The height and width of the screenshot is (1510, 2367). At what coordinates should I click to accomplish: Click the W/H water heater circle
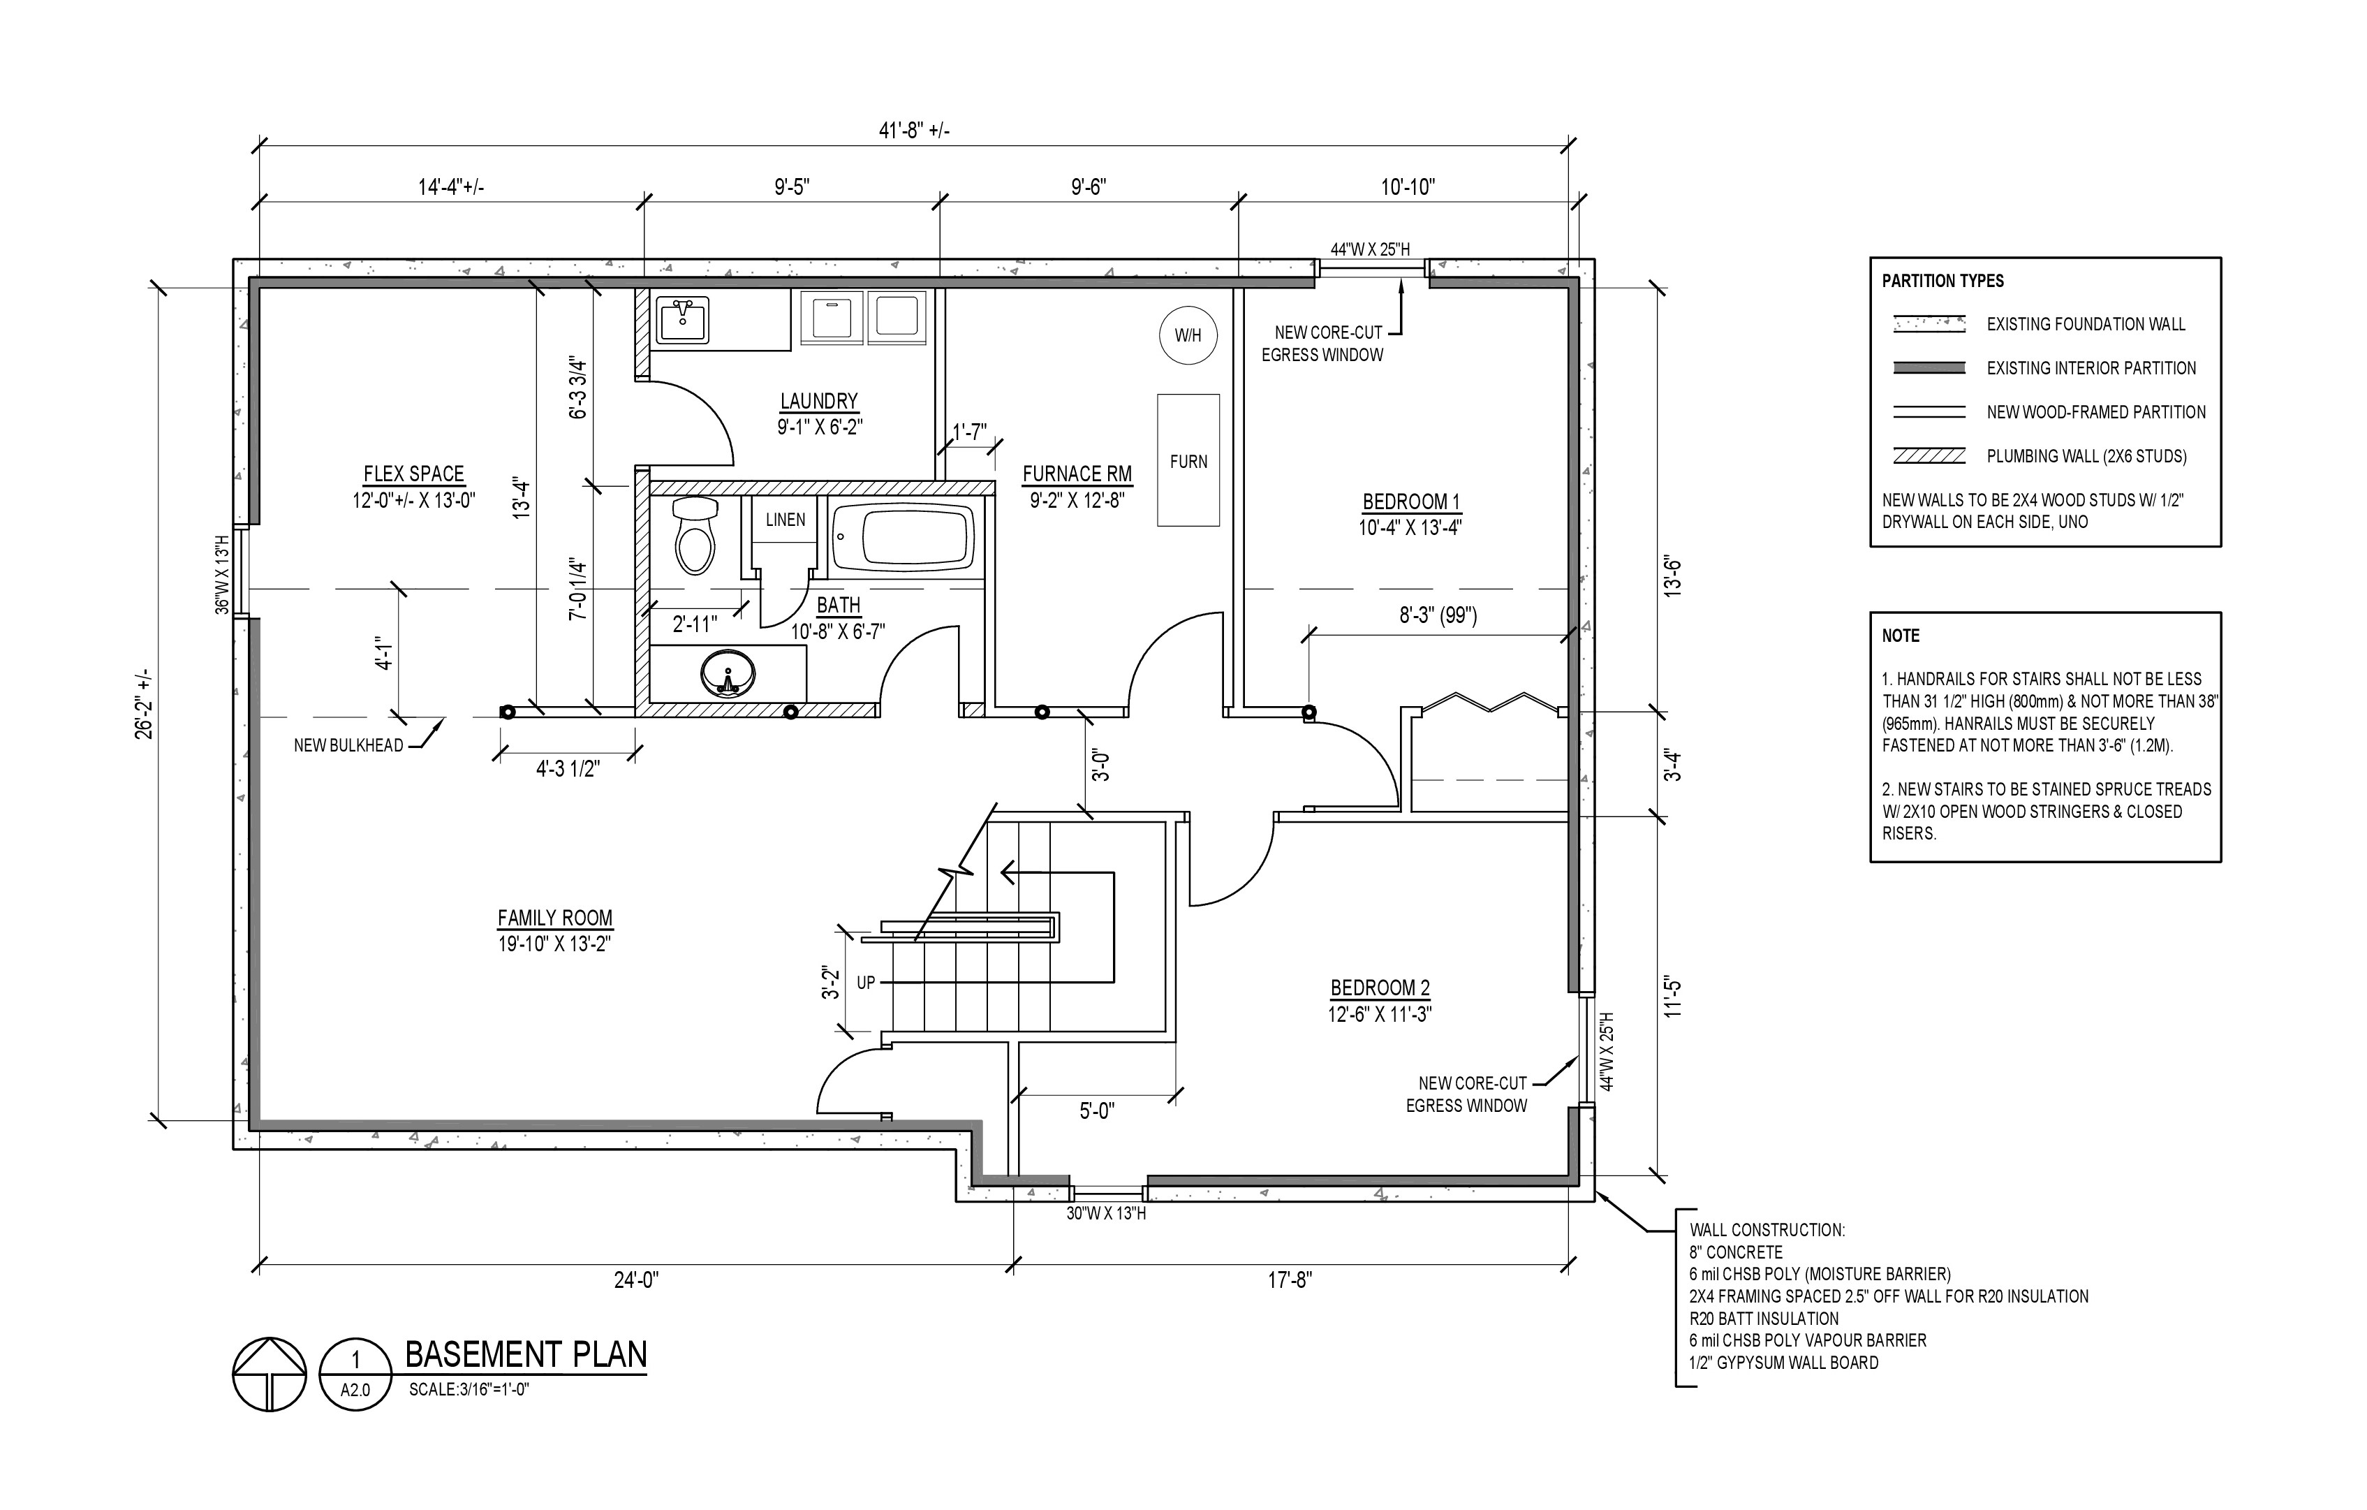pyautogui.click(x=1188, y=335)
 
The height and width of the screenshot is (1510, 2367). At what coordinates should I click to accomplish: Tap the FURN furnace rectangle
pyautogui.click(x=1188, y=461)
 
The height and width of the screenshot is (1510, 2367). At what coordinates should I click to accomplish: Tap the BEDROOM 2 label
pyautogui.click(x=1379, y=988)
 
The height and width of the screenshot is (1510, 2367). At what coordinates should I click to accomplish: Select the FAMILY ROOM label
pyautogui.click(x=554, y=918)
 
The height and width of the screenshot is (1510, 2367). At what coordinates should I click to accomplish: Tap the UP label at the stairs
pyautogui.click(x=865, y=982)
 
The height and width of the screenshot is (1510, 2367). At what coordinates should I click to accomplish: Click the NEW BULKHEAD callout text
pyautogui.click(x=348, y=745)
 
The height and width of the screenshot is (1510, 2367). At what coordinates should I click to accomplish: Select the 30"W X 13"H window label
pyautogui.click(x=1106, y=1213)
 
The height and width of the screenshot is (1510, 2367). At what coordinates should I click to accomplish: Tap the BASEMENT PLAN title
pyautogui.click(x=526, y=1355)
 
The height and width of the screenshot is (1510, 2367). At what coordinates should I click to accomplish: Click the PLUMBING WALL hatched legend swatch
pyautogui.click(x=1929, y=456)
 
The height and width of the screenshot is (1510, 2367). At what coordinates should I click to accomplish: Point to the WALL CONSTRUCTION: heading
pyautogui.click(x=1767, y=1230)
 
